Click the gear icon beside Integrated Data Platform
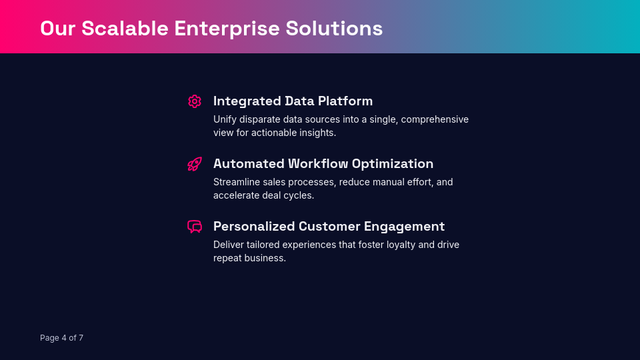[x=195, y=101]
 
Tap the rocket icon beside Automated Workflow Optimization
[x=195, y=164]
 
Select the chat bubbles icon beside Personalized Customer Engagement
[x=195, y=227]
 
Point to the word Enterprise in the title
[x=227, y=29]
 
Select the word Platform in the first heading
[x=345, y=101]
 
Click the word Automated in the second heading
[x=248, y=164]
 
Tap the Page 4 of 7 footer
[x=61, y=338]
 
